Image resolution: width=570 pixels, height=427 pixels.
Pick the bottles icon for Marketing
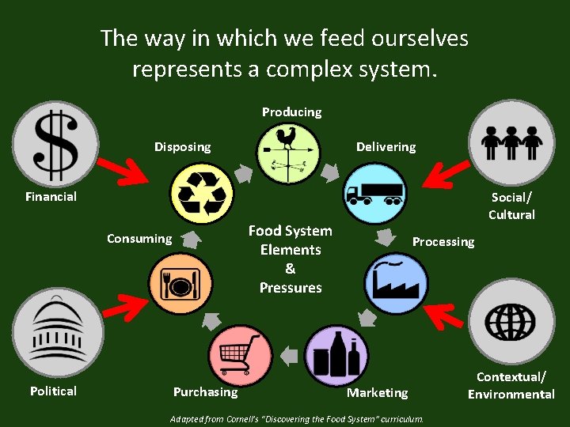click(336, 355)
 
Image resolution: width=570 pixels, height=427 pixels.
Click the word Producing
click(291, 112)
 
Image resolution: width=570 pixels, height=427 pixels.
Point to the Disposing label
click(182, 147)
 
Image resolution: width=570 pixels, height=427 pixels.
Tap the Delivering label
click(386, 147)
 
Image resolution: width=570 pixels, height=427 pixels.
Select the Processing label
click(443, 242)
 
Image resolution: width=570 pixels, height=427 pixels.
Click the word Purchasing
click(205, 392)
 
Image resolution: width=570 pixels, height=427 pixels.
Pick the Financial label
click(51, 197)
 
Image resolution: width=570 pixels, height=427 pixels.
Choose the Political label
click(53, 391)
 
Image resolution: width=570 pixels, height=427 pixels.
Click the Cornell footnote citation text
click(298, 418)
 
